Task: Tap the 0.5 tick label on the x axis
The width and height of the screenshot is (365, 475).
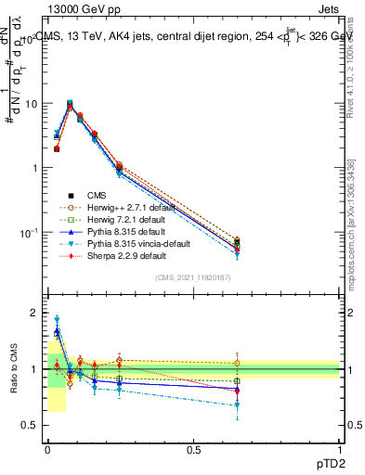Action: (x=193, y=449)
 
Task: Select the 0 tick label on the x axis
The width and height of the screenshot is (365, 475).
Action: (x=47, y=449)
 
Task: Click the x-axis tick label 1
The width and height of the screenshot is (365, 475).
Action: (x=340, y=449)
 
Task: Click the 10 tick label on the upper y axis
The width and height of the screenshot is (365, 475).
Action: (x=31, y=104)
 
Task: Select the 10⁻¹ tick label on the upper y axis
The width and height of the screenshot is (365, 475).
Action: (x=29, y=231)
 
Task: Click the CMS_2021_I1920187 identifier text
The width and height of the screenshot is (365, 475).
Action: (x=193, y=276)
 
